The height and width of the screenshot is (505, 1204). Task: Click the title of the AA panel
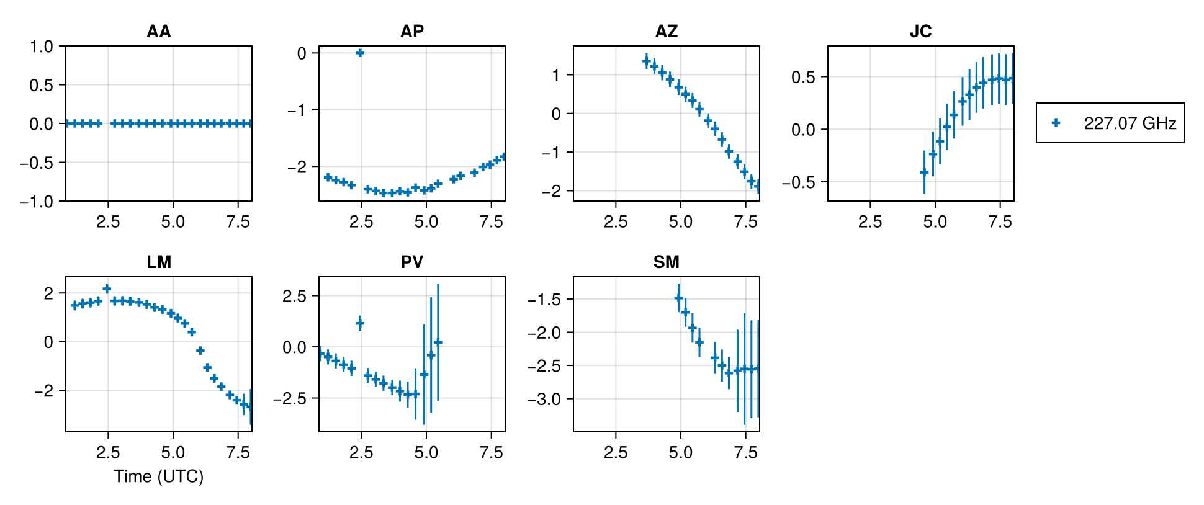click(x=158, y=31)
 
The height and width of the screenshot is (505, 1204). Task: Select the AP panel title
click(x=412, y=31)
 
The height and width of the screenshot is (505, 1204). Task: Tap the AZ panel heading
click(x=667, y=31)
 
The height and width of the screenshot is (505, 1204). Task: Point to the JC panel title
click(x=920, y=31)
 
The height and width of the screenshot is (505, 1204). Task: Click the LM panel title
click(x=158, y=262)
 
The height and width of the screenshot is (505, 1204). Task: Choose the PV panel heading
click(x=412, y=262)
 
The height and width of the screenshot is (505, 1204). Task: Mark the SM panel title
click(x=667, y=262)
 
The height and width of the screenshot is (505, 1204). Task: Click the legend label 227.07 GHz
click(x=1130, y=123)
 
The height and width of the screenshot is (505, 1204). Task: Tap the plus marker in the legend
click(x=1056, y=123)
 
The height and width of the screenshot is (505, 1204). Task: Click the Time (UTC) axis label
click(x=158, y=476)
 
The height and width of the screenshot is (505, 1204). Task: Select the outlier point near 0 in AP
click(x=360, y=53)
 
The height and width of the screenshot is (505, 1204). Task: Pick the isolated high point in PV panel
click(x=360, y=323)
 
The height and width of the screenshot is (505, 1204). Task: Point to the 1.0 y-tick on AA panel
click(x=42, y=47)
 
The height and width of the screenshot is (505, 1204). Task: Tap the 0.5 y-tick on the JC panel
click(x=803, y=77)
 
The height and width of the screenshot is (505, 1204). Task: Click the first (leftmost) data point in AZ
click(x=646, y=61)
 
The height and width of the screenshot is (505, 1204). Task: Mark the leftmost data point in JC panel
click(x=924, y=172)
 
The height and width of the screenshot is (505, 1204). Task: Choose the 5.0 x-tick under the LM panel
click(x=173, y=453)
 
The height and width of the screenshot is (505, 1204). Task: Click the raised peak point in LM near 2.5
click(x=107, y=288)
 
